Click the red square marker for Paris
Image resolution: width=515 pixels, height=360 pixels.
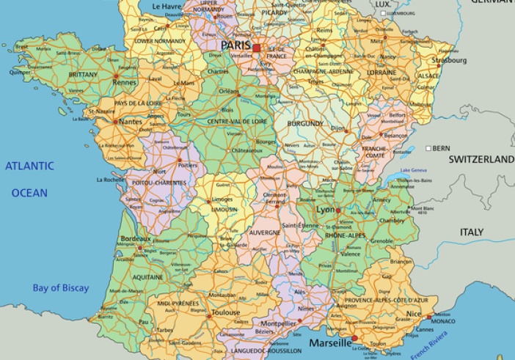(257, 48)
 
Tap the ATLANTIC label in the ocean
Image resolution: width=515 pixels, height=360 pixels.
(29, 166)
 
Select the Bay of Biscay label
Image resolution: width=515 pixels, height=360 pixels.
(60, 288)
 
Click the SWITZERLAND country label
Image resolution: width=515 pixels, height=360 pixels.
(481, 159)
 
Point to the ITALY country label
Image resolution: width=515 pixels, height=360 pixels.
(472, 232)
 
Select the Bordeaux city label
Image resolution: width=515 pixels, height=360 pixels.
(136, 239)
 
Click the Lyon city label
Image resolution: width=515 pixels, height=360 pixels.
(325, 210)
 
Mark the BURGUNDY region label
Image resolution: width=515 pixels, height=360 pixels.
(304, 124)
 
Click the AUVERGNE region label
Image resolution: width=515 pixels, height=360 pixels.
(264, 232)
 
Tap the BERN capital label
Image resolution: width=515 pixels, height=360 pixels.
(441, 148)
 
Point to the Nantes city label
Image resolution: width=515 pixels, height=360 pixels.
(130, 122)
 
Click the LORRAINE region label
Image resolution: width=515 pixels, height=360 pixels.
(381, 73)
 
